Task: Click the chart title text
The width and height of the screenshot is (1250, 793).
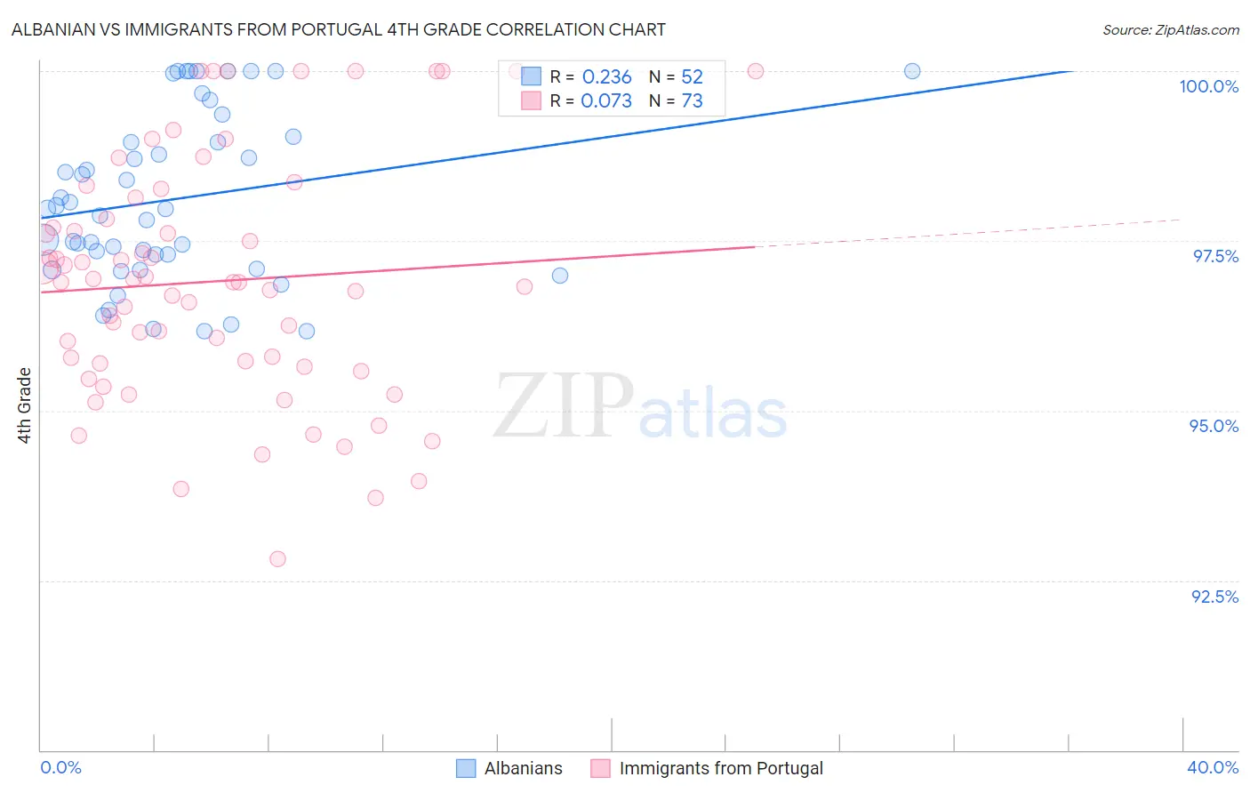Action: (339, 29)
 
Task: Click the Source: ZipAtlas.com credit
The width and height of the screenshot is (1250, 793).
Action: (1170, 29)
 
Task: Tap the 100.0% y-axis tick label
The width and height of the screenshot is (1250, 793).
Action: (1208, 86)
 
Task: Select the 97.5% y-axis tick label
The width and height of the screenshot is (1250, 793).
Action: (1214, 256)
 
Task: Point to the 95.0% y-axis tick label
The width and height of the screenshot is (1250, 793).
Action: (1214, 426)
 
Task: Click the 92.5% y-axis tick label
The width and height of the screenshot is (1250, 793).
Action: (1214, 597)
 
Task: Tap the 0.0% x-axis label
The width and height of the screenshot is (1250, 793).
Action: (60, 767)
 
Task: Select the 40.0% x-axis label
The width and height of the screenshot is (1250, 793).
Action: (1213, 767)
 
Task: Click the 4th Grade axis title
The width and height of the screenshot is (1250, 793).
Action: (25, 405)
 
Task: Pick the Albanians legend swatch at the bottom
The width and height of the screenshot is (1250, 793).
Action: (466, 768)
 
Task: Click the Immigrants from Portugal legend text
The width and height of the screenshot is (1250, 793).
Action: (720, 768)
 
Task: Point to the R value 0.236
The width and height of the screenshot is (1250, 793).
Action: (606, 77)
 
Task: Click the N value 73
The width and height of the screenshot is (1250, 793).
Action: (692, 101)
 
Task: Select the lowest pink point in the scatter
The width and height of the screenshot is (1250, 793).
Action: (277, 559)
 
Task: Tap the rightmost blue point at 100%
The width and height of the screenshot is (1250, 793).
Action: (912, 71)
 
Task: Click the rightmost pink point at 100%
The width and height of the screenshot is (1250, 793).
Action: (756, 71)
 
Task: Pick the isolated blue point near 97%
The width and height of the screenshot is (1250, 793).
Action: (560, 276)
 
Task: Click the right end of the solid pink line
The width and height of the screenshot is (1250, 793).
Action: (755, 246)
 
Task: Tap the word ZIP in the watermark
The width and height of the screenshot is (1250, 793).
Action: (564, 406)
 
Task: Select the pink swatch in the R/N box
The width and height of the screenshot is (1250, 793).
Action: (531, 101)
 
